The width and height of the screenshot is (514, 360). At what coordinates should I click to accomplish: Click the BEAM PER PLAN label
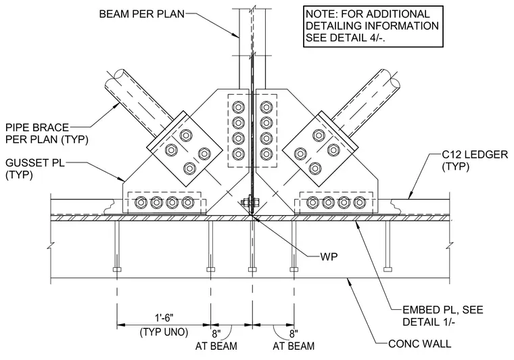point(141,14)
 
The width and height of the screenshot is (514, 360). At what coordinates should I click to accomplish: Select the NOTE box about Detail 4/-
point(373,26)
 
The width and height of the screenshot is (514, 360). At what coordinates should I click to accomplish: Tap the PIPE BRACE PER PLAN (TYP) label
point(47,133)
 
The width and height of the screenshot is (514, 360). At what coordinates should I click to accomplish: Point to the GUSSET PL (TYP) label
point(34,168)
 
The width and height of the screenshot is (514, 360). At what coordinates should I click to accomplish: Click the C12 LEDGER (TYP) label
point(475,160)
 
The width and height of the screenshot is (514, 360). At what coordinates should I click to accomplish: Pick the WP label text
point(329,256)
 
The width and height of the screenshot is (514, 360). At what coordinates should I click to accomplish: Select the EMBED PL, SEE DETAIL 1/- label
point(442,316)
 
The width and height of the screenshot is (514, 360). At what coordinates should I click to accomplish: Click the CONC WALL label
point(419,344)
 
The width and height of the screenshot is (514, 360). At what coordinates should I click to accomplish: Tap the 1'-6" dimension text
point(164,317)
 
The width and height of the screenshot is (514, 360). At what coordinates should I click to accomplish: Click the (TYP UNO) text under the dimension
point(164,332)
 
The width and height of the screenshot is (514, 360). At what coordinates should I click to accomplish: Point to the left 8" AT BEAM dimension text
point(216,340)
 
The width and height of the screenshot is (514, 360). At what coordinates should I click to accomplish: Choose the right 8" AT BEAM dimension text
point(294,340)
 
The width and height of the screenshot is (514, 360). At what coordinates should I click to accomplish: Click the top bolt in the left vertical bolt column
point(238,107)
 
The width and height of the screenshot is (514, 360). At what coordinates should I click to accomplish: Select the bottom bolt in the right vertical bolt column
point(266,154)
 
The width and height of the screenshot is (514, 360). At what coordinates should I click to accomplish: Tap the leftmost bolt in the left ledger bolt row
point(141,202)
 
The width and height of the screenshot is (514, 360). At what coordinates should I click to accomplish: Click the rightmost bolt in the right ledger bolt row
point(360,202)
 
